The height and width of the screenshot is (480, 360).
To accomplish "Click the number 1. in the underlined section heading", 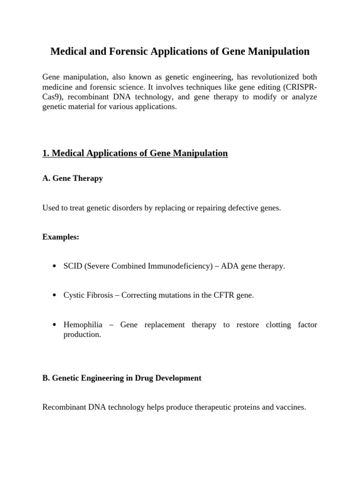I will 46,153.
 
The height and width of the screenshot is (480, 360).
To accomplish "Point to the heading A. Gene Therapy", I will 73,179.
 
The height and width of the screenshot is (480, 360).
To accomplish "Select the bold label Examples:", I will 61,237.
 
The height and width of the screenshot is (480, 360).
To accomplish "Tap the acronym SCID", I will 73,266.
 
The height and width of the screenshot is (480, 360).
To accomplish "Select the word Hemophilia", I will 83,325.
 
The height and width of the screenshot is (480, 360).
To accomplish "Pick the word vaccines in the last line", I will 290,407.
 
